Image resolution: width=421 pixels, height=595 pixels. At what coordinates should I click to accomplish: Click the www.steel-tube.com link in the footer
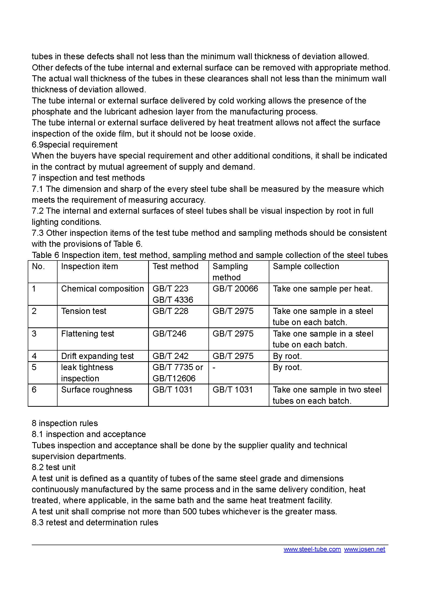pyautogui.click(x=312, y=549)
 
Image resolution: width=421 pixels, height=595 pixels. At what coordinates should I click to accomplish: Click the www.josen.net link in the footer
pyautogui.click(x=364, y=549)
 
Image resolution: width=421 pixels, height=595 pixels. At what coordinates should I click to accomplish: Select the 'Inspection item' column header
pyautogui.click(x=89, y=266)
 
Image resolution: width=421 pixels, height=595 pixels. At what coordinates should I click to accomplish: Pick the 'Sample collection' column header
pyautogui.click(x=306, y=266)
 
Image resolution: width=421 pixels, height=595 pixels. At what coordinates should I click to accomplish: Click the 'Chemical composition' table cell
pyautogui.click(x=102, y=289)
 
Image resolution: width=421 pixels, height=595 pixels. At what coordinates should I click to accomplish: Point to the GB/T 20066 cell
pyautogui.click(x=235, y=289)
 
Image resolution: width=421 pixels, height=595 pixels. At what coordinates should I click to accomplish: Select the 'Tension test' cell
pyautogui.click(x=84, y=311)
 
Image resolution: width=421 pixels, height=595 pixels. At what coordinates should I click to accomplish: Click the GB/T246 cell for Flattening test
pyautogui.click(x=169, y=333)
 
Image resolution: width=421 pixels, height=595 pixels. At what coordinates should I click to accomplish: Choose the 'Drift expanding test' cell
pyautogui.click(x=97, y=356)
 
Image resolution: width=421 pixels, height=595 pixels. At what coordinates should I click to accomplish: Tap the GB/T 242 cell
pyautogui.click(x=170, y=356)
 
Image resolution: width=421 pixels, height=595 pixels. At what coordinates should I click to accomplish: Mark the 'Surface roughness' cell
pyautogui.click(x=97, y=390)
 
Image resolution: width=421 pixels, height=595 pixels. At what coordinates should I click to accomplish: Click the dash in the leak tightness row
pyautogui.click(x=214, y=368)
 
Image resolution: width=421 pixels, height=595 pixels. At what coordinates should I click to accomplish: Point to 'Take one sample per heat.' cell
pyautogui.click(x=323, y=289)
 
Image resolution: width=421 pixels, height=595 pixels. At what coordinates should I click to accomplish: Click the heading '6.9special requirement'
pyautogui.click(x=75, y=144)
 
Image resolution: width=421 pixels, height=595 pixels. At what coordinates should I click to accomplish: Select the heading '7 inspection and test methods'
pyautogui.click(x=88, y=178)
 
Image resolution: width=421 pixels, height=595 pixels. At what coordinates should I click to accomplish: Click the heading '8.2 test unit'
pyautogui.click(x=54, y=467)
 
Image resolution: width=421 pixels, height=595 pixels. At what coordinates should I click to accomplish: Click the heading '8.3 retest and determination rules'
pyautogui.click(x=95, y=523)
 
